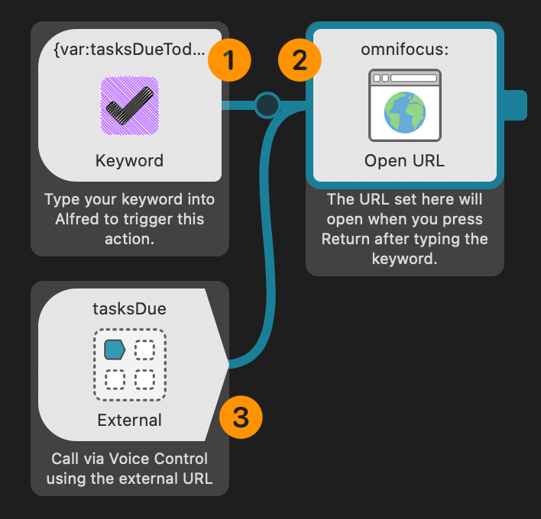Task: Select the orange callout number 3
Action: (241, 417)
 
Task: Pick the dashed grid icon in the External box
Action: (130, 364)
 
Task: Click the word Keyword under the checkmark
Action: (130, 161)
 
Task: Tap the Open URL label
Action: (404, 161)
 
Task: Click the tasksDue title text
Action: (130, 308)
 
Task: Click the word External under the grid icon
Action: (130, 420)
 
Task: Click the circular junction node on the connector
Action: (267, 105)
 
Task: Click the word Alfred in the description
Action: (74, 219)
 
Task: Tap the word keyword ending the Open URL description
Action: (403, 259)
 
